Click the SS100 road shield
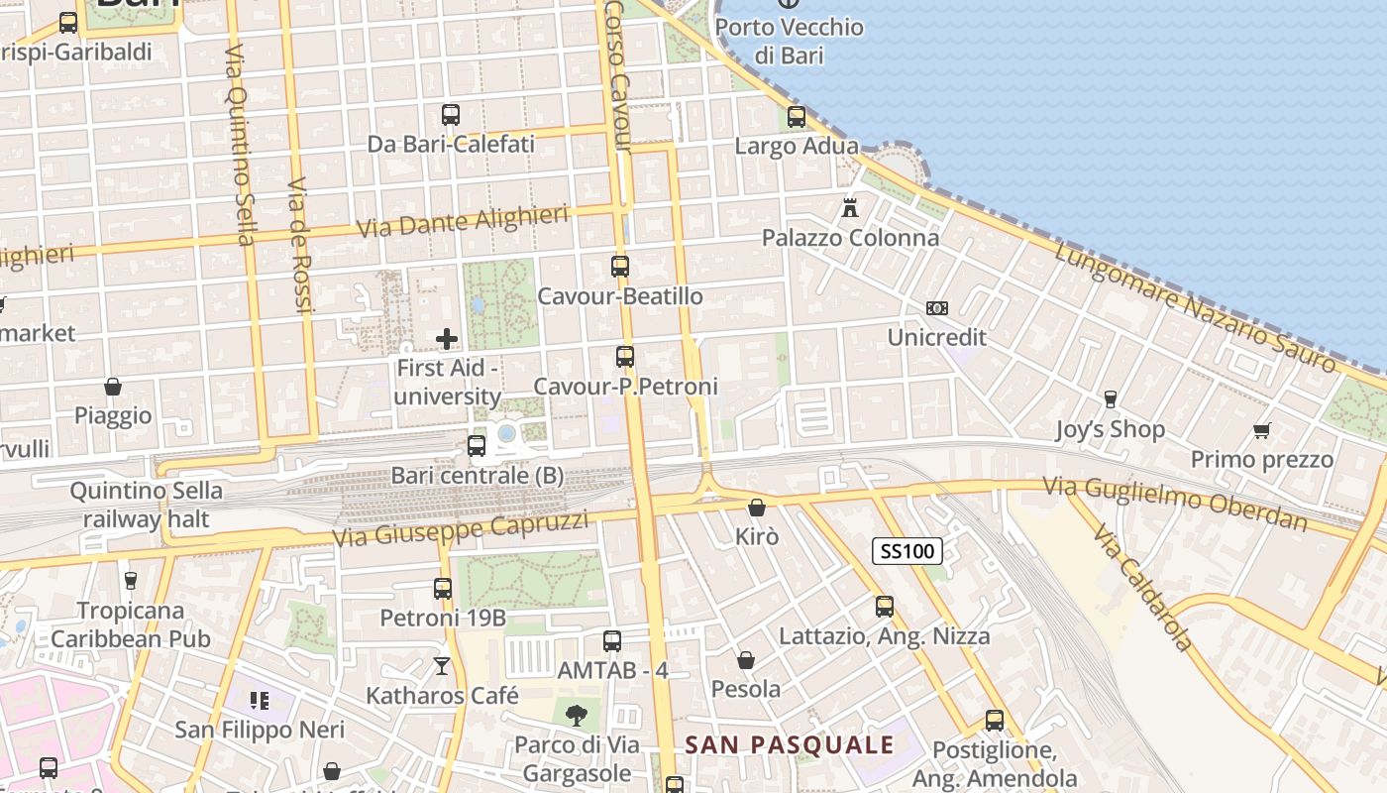[907, 551]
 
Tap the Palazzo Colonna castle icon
[849, 208]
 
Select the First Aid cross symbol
[447, 339]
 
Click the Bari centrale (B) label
[478, 476]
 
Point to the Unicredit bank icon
[936, 308]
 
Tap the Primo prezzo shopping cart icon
[1261, 430]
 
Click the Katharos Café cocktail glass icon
[442, 666]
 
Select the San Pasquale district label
[790, 745]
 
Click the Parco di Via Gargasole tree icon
[576, 715]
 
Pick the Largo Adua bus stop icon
[797, 117]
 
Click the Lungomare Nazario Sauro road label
[1194, 306]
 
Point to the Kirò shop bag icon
[757, 508]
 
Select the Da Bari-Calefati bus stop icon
[451, 115]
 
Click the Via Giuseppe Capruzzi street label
[460, 529]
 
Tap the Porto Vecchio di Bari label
[789, 41]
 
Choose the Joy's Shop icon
[1110, 399]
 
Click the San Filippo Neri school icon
[260, 702]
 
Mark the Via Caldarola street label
[1144, 588]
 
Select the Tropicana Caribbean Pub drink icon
[130, 580]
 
